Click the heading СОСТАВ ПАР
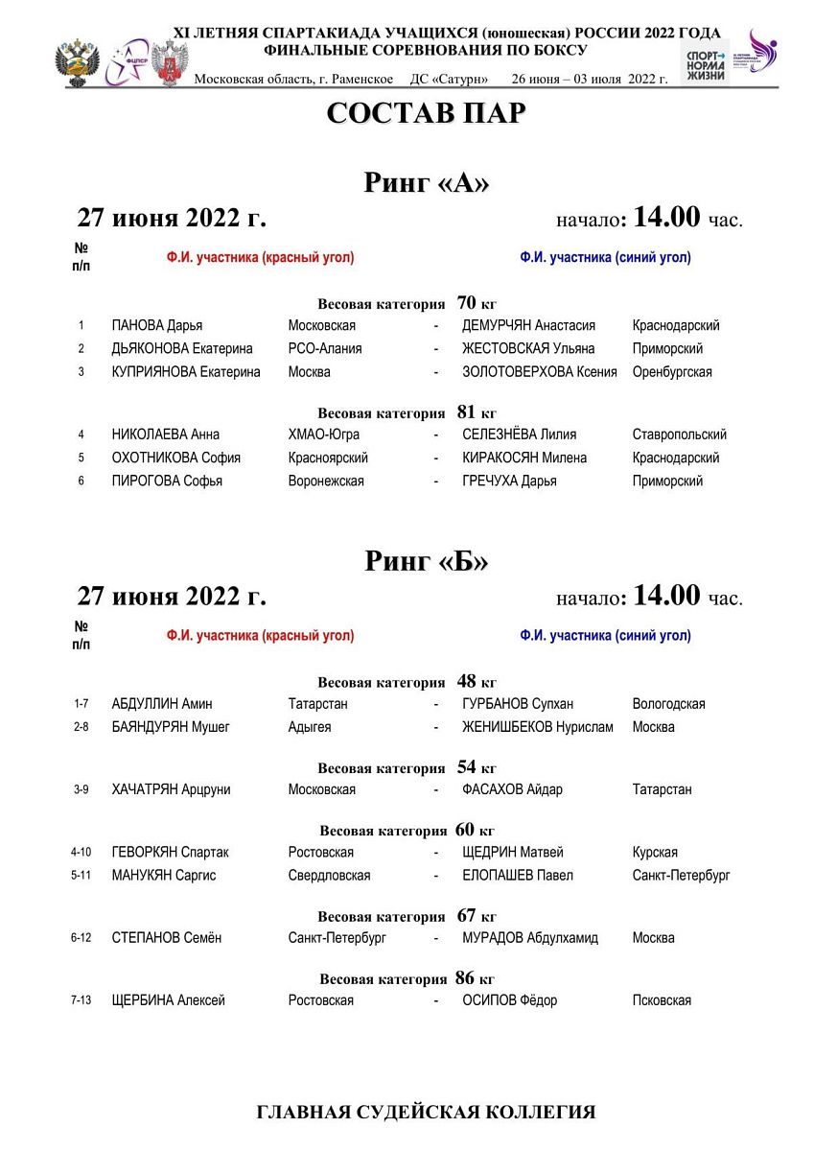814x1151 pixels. [x=426, y=113]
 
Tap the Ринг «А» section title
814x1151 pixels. [x=426, y=183]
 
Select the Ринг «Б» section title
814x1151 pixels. [x=426, y=561]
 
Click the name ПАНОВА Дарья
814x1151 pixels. [x=157, y=326]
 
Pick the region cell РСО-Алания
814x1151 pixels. [x=325, y=349]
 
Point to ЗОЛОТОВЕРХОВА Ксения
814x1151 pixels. [x=539, y=372]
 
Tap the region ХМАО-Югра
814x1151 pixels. [x=324, y=435]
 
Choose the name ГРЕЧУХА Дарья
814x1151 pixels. [x=509, y=482]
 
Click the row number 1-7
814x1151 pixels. [x=81, y=704]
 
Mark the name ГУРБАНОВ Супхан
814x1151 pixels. [x=518, y=704]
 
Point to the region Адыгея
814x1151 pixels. [x=310, y=727]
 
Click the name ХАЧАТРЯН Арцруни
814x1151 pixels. [x=171, y=789]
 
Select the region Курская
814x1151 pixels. [x=655, y=852]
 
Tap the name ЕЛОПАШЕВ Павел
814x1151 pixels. [x=518, y=875]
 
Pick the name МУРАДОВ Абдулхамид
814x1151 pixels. [x=529, y=938]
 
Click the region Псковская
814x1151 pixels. [x=662, y=1000]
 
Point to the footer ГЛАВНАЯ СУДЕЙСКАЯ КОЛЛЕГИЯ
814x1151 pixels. [x=426, y=1113]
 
